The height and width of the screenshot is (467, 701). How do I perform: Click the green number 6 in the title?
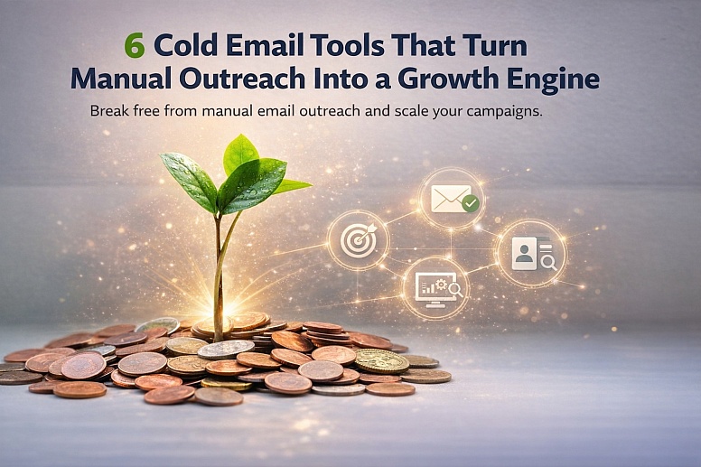[134, 46]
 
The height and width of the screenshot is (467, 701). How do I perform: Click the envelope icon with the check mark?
[452, 198]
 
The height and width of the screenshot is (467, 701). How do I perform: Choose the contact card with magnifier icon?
[530, 253]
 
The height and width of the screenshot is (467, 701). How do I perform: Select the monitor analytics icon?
[435, 287]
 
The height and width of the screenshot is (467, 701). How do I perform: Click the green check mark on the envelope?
[470, 205]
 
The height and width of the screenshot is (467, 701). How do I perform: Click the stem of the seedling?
[219, 262]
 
